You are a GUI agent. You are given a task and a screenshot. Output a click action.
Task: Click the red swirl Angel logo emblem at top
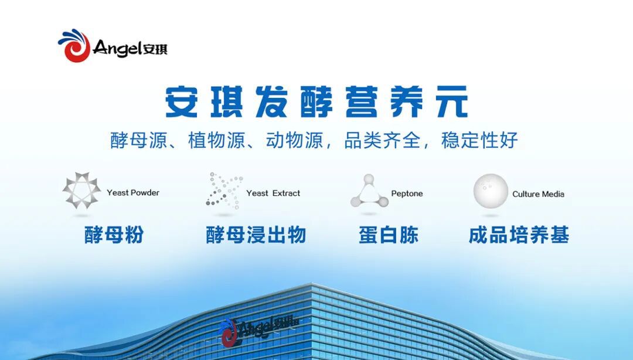(74, 46)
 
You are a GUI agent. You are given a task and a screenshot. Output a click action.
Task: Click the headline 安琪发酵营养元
(316, 102)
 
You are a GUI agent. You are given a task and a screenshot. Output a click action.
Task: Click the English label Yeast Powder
(133, 192)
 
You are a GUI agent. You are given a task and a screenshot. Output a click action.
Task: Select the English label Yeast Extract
(273, 193)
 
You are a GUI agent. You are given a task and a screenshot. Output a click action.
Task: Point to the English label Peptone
(407, 193)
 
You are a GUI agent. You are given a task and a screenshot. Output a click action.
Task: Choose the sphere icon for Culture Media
(491, 191)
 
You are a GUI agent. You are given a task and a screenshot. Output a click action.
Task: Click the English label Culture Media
(538, 194)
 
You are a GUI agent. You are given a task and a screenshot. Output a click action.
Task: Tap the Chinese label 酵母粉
(114, 235)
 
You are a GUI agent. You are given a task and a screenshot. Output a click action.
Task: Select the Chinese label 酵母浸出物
(256, 235)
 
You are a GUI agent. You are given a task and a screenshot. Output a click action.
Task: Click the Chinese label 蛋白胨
(389, 235)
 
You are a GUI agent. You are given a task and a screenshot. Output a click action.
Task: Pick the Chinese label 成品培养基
(519, 235)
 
